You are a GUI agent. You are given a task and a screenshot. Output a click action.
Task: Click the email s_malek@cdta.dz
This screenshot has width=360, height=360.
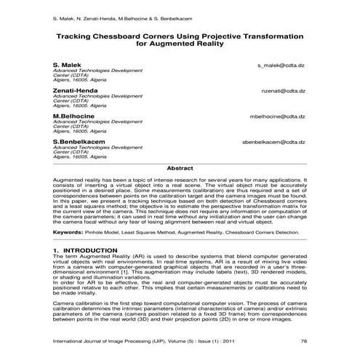(x=281, y=65)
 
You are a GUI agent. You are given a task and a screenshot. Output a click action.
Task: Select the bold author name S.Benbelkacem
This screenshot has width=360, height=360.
(x=79, y=140)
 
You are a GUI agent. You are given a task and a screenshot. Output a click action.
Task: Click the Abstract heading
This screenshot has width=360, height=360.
(x=180, y=168)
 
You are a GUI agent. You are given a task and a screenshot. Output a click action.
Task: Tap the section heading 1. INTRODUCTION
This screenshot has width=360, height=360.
(x=85, y=249)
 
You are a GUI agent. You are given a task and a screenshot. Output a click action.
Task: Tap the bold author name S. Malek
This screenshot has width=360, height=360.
(x=66, y=65)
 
